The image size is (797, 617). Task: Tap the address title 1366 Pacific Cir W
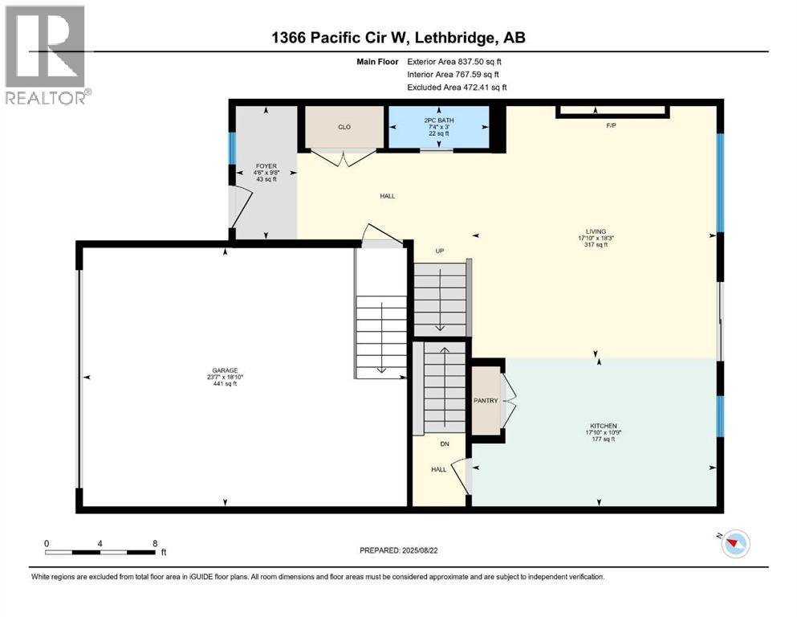[398, 38]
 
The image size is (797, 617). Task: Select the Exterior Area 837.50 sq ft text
[455, 61]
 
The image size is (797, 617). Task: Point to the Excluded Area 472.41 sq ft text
[457, 87]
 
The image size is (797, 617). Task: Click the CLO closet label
[344, 126]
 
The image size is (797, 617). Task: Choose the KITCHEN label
[600, 426]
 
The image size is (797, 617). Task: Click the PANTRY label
[486, 401]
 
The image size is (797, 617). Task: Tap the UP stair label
[439, 251]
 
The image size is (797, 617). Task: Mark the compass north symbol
[732, 545]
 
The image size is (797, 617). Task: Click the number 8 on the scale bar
[154, 543]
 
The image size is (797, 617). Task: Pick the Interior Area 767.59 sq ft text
[455, 74]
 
